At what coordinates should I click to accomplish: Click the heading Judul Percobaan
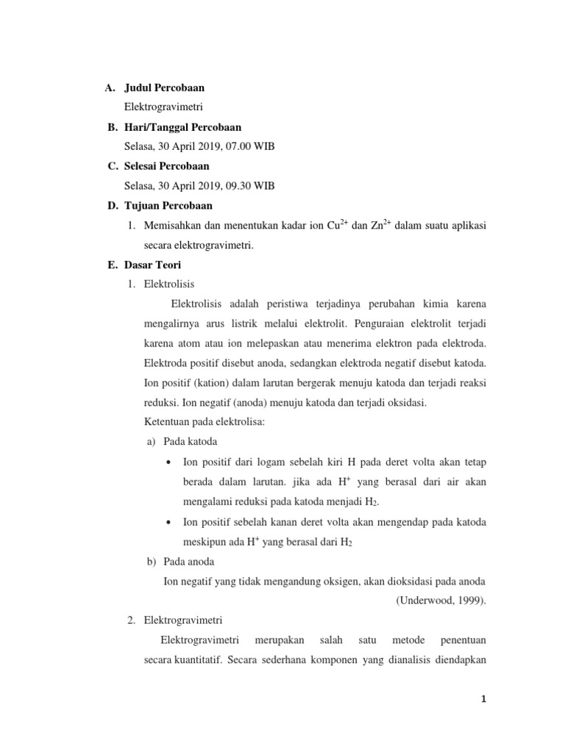coord(164,88)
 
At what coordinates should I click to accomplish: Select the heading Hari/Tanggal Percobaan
coord(182,127)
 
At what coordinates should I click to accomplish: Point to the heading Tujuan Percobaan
coord(168,206)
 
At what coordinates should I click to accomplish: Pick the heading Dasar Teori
coord(152,265)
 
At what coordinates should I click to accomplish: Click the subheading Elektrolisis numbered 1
coord(169,284)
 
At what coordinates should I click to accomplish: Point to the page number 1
coord(483,700)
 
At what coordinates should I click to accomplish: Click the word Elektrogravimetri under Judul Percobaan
coord(163,107)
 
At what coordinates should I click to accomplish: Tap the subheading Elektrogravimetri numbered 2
coord(183,620)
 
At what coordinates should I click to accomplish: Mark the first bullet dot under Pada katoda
coord(170,462)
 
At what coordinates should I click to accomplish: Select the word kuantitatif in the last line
coord(198,660)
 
